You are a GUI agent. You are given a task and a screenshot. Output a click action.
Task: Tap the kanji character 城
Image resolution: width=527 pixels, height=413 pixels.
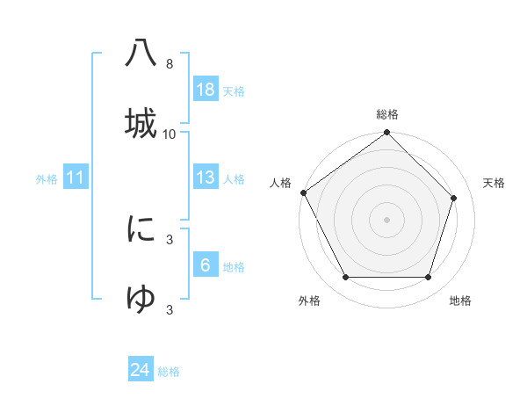[x=141, y=121]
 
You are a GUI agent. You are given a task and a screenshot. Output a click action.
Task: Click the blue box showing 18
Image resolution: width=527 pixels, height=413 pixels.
[x=206, y=90]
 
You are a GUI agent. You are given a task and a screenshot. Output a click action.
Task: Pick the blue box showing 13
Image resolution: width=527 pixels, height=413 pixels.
[x=206, y=178]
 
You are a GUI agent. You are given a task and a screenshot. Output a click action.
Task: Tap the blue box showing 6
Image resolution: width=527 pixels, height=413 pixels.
[x=206, y=265]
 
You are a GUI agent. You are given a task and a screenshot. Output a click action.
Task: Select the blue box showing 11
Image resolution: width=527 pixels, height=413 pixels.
[x=76, y=178]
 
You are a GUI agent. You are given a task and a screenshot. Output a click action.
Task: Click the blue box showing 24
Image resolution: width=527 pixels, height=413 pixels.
[x=141, y=370]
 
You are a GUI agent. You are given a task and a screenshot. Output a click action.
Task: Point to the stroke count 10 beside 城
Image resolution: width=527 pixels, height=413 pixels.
[x=170, y=134]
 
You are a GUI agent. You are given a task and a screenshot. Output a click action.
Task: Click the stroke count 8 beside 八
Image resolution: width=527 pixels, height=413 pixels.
[x=170, y=64]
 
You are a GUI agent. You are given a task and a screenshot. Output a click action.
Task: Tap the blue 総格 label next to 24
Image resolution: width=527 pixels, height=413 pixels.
[x=169, y=372]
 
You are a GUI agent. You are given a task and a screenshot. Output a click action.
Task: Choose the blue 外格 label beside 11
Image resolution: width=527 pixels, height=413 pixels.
[x=47, y=179]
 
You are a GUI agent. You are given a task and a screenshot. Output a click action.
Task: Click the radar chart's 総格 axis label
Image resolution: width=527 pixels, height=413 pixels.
[x=386, y=114]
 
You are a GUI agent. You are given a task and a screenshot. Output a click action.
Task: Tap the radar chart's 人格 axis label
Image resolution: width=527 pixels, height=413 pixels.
[x=280, y=183]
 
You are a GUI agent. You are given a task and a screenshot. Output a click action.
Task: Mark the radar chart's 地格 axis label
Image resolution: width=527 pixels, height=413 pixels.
[x=460, y=301]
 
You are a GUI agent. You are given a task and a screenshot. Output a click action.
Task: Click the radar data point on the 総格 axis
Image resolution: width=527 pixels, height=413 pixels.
[x=386, y=134]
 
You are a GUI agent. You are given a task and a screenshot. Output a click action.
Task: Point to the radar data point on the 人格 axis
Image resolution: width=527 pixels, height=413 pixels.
[x=303, y=192]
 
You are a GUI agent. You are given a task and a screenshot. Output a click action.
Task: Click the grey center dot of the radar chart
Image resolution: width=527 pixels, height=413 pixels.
[x=386, y=219]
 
